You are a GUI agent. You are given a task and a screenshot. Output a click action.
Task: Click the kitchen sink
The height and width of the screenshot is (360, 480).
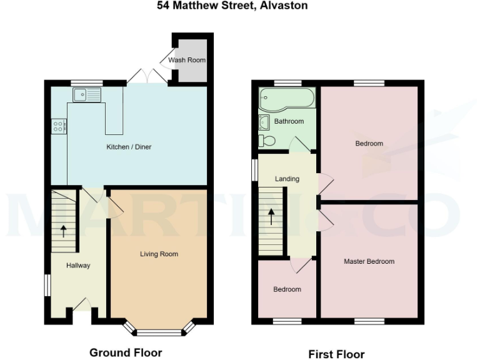coord(87,95)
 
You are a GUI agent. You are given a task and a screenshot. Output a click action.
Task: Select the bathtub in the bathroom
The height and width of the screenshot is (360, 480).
coord(287,98)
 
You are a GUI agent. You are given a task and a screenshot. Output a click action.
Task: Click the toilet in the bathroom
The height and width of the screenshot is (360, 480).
coord(267,141)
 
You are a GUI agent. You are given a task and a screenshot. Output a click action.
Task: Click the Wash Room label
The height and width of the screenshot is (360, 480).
coord(186,61)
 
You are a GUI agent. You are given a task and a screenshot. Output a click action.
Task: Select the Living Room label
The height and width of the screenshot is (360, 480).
coord(159,254)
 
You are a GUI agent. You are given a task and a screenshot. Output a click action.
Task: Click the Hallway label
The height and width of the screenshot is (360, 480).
coord(79,266)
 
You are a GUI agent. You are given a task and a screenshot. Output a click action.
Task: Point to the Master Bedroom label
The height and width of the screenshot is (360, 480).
coord(369,261)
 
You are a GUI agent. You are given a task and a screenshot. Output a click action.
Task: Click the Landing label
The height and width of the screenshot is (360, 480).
coord(287,179)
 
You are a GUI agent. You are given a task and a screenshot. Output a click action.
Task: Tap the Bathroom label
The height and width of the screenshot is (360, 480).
coord(289,121)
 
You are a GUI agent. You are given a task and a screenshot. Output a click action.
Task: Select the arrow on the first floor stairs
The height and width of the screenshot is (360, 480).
coord(271,216)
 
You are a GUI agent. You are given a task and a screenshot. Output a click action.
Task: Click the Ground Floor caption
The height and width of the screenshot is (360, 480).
coord(126,352)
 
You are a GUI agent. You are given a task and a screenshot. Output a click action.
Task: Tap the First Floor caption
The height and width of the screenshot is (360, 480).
coord(336,354)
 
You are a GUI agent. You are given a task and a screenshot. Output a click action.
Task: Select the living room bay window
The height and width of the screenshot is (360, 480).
coord(159,329)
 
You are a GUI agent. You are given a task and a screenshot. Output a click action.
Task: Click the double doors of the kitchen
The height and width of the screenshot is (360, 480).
coord(147,77)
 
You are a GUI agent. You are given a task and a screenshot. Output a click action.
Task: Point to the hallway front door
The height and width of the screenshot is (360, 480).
coord(81,305)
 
